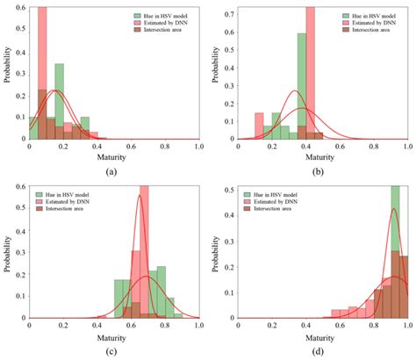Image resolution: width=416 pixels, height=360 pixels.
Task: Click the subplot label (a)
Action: tap(111, 171)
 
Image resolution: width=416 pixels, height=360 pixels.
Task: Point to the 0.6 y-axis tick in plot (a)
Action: tap(20, 9)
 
